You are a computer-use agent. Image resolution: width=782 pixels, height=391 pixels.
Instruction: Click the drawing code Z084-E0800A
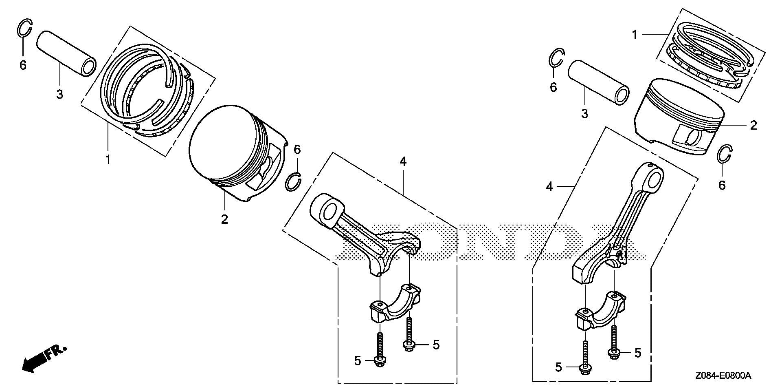tap(723, 376)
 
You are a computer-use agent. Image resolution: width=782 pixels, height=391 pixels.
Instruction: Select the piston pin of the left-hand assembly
tap(67, 53)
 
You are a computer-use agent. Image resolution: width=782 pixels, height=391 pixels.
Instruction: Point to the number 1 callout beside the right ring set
tap(634, 35)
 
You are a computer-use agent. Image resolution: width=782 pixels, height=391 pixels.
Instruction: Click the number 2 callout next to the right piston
tap(753, 125)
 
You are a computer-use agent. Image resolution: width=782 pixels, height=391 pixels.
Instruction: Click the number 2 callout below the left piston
tap(224, 219)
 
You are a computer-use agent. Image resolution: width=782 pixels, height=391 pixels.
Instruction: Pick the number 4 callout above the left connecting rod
tap(403, 162)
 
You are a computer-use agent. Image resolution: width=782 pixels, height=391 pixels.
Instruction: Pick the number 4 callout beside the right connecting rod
tap(550, 187)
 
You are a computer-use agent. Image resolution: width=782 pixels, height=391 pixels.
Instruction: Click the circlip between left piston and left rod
tap(293, 181)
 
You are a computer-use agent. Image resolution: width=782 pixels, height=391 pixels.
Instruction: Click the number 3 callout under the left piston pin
tap(59, 95)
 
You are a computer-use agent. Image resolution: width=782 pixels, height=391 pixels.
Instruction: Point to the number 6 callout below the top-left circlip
tap(23, 65)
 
